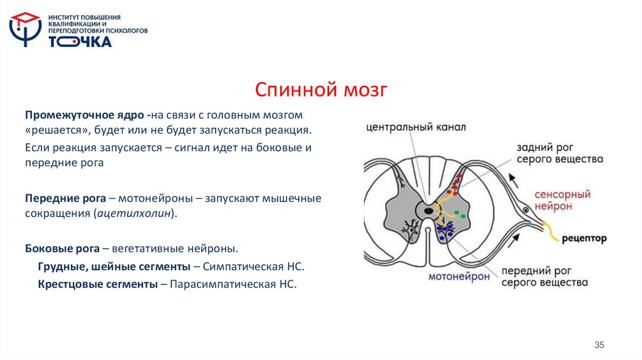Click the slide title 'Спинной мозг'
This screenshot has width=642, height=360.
pyautogui.click(x=321, y=90)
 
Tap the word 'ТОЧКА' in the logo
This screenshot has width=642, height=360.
pyautogui.click(x=80, y=42)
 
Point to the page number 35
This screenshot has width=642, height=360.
pyautogui.click(x=599, y=346)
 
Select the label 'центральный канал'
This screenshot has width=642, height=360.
pyautogui.click(x=416, y=127)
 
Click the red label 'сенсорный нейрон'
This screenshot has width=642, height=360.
pyautogui.click(x=562, y=201)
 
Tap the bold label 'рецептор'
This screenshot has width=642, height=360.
pyautogui.click(x=584, y=238)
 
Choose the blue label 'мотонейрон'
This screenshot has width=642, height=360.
pyautogui.click(x=460, y=277)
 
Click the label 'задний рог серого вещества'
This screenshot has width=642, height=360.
pyautogui.click(x=559, y=154)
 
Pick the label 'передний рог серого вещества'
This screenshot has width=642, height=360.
pyautogui.click(x=543, y=277)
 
